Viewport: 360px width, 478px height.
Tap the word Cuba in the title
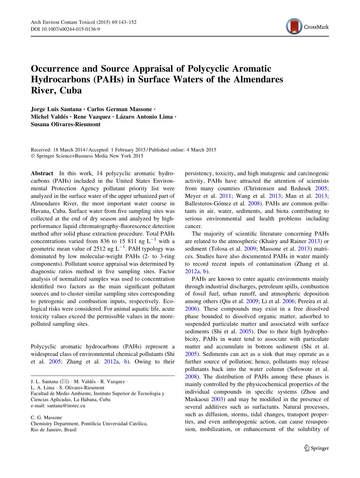(71, 90)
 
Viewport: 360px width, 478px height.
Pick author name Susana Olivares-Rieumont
(66, 124)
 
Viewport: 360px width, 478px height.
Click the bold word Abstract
(42, 173)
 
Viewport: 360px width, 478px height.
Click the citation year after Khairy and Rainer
(315, 241)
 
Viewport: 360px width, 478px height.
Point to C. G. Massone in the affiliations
(46, 418)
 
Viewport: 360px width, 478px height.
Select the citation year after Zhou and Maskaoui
(217, 399)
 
